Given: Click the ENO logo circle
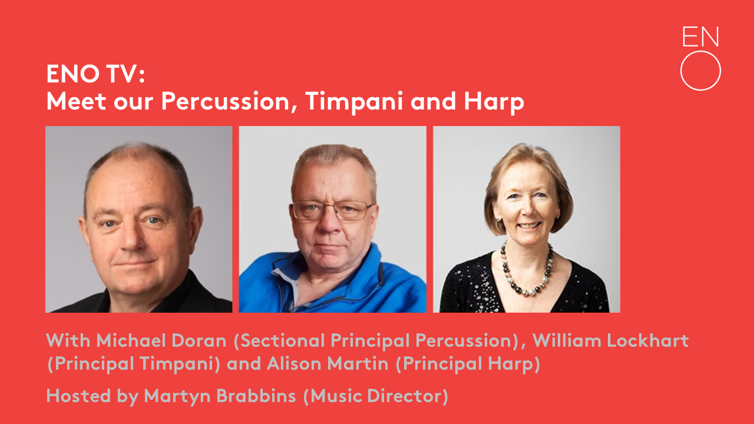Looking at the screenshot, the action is [x=700, y=51].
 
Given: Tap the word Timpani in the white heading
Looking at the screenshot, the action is [x=354, y=101].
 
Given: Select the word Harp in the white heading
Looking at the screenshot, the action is [x=494, y=101].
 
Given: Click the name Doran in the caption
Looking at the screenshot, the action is [x=199, y=340].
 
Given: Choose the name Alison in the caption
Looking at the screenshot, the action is [x=293, y=364].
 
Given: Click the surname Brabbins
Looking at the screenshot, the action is [x=256, y=396].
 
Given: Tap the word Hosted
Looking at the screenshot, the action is [x=78, y=396].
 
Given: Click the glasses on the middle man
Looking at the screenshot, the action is [x=332, y=210].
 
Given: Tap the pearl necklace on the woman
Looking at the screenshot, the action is [x=526, y=271].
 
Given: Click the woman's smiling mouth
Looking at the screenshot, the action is [x=529, y=226].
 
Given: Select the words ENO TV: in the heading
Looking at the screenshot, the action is [x=95, y=74].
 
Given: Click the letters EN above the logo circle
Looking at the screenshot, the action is [x=700, y=37].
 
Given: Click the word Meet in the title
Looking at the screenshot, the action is [x=77, y=101].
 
